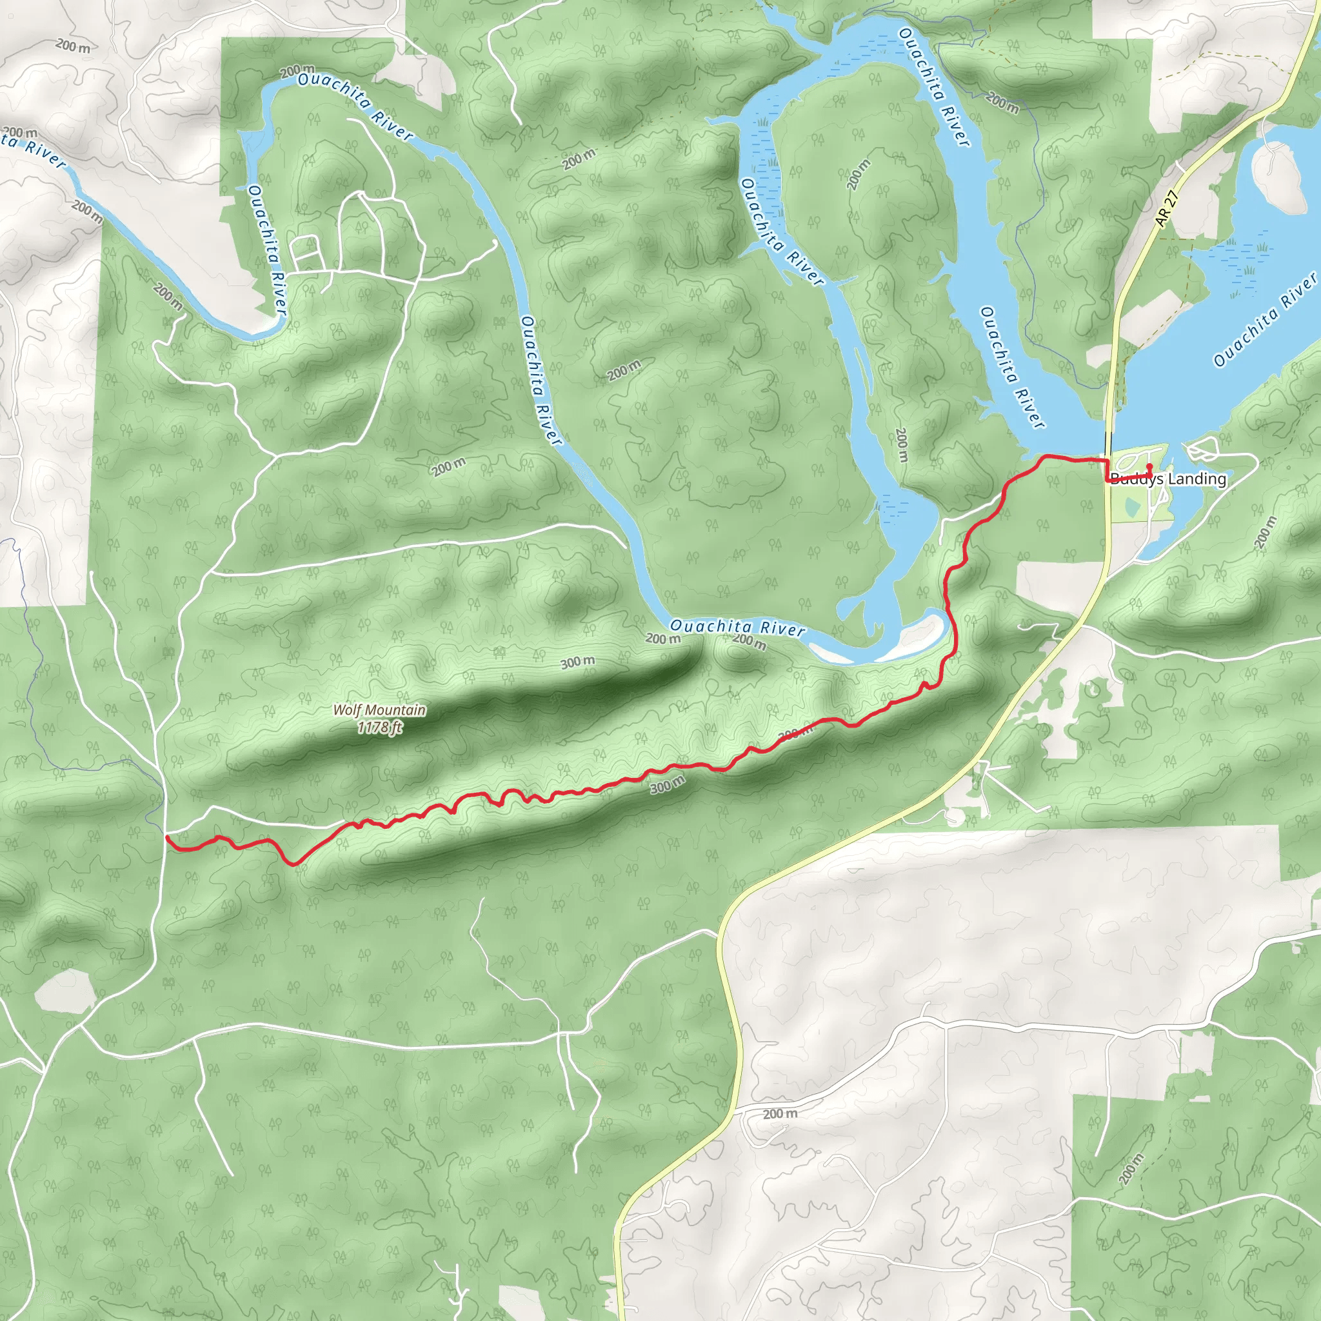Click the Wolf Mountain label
pos(379,710)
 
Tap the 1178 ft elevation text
pos(379,728)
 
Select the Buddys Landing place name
pos(1168,479)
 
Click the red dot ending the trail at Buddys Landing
pos(1149,466)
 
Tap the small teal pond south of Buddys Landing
pos(1131,508)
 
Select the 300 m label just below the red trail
pos(667,786)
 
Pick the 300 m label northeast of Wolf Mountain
pos(578,662)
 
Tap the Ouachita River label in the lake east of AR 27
pos(1264,319)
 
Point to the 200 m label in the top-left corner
pos(73,46)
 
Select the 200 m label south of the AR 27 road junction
pos(780,1114)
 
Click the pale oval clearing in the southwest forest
pos(65,992)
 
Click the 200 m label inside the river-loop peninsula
pos(859,174)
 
